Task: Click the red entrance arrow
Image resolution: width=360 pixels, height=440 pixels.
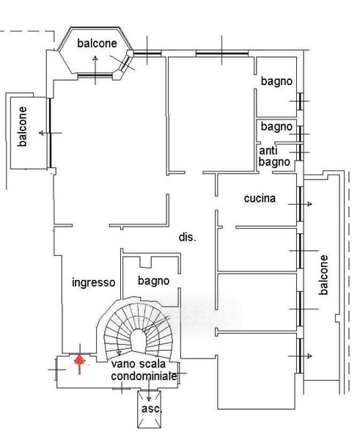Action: pos(80,364)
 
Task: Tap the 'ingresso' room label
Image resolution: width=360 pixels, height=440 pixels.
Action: pos(94,282)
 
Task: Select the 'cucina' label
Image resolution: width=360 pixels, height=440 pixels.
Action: pos(260,199)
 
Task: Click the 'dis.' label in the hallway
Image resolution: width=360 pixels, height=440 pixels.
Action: pos(188,238)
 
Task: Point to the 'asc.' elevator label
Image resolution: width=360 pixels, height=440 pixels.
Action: pos(152,408)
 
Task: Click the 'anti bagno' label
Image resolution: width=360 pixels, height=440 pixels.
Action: pos(274,156)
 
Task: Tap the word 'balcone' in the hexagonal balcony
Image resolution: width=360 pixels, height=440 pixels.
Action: pos(97,43)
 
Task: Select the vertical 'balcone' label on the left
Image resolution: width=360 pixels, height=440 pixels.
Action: pos(22,127)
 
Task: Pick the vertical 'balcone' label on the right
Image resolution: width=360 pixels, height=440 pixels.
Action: pos(323,275)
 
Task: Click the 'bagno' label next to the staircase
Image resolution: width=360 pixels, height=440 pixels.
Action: pos(153,281)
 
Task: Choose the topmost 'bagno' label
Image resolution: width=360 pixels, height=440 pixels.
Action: pos(276,81)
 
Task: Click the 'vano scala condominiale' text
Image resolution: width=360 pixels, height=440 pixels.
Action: pos(144,370)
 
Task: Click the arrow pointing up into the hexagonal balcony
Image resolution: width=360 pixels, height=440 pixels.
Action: pos(95,70)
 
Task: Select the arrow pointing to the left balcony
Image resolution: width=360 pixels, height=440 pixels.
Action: pos(51,133)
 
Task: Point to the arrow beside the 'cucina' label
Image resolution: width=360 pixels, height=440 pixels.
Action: pos(300,204)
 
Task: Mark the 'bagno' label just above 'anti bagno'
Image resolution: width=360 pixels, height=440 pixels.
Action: pos(276,127)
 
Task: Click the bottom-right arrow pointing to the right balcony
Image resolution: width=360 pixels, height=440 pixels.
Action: pos(300,356)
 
